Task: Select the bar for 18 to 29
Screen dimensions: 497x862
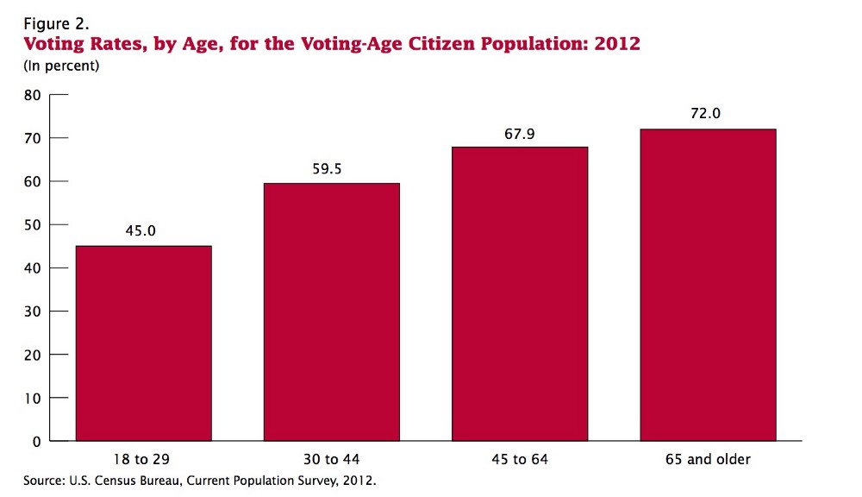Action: (144, 343)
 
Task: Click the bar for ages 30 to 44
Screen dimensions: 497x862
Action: (332, 312)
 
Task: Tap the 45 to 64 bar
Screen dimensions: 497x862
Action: (520, 294)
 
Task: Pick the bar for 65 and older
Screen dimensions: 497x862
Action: (708, 285)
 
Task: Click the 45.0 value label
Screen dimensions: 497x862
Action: (144, 231)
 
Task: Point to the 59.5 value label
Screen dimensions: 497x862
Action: (327, 169)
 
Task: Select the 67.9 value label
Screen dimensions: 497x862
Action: (520, 133)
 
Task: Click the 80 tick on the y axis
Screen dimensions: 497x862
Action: (32, 95)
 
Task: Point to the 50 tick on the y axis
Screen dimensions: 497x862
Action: (32, 225)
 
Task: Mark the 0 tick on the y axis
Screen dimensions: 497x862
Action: (36, 442)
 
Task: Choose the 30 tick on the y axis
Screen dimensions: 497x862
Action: (32, 311)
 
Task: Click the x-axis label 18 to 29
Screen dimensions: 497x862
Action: (144, 460)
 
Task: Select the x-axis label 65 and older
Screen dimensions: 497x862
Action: (708, 460)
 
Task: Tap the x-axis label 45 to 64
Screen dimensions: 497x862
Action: (520, 460)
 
